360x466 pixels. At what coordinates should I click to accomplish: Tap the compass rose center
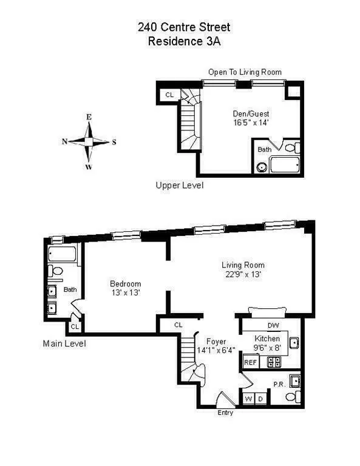click(89, 141)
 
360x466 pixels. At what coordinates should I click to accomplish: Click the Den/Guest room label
click(251, 113)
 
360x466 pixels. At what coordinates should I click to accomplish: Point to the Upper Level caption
click(179, 185)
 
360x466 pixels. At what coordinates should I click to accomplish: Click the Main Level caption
click(64, 343)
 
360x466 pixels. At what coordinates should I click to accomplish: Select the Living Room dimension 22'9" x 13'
click(243, 274)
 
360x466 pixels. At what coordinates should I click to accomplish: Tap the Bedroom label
click(125, 283)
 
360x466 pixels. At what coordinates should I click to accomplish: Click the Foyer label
click(216, 341)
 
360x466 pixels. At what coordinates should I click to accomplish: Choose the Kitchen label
click(267, 339)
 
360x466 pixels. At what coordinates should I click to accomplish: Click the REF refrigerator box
click(250, 362)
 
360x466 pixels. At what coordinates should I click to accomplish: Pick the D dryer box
click(262, 399)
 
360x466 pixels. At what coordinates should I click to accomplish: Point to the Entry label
click(225, 413)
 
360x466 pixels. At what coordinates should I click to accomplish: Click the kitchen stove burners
click(273, 362)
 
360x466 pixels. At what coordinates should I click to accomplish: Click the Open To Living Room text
click(245, 72)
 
